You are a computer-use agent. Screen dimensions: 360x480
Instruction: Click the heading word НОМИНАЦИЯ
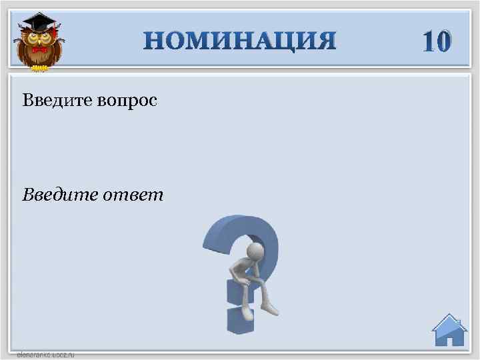(240, 41)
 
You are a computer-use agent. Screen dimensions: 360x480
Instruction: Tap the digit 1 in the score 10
(429, 41)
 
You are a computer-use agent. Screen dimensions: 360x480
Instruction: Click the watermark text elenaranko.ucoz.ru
(45, 355)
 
